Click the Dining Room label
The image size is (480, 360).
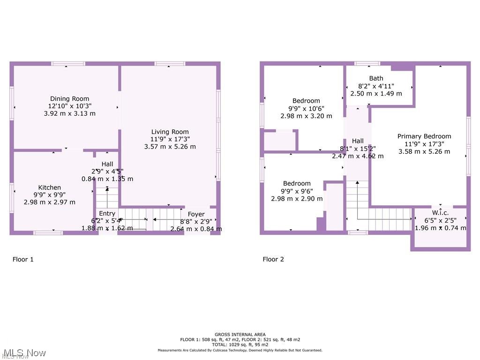(x=69, y=98)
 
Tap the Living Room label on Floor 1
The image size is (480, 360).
(x=170, y=132)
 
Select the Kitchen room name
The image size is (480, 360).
(x=50, y=187)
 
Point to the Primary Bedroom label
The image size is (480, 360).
(x=424, y=136)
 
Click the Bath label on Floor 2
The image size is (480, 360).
(x=376, y=78)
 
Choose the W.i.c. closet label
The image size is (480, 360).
(x=440, y=213)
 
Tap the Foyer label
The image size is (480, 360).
(x=196, y=214)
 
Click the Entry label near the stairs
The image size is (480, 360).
(x=107, y=213)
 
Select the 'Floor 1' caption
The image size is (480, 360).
(x=23, y=259)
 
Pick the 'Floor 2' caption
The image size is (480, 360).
(x=273, y=259)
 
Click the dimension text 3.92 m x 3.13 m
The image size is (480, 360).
(x=69, y=113)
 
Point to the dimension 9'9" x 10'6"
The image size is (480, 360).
(x=306, y=108)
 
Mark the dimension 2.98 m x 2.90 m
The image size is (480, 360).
(x=297, y=198)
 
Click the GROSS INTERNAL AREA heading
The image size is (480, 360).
(x=240, y=334)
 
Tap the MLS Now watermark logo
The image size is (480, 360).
(x=23, y=353)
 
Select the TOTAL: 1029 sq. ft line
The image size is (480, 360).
(x=240, y=345)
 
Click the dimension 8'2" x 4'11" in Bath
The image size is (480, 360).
(x=376, y=86)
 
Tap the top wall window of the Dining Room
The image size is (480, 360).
(x=68, y=64)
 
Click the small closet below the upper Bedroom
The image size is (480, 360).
(x=279, y=141)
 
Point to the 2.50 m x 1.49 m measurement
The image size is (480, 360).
(x=376, y=93)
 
